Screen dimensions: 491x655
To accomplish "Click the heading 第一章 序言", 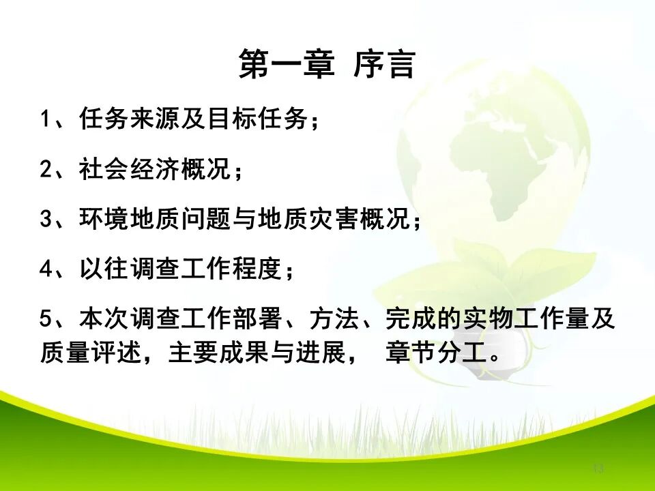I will tap(327, 65).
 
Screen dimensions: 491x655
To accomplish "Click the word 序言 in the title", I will tap(384, 65).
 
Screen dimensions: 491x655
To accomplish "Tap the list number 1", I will tap(45, 120).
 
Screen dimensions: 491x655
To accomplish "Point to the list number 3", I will tap(45, 220).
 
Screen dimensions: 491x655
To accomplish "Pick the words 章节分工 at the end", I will tap(437, 354).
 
